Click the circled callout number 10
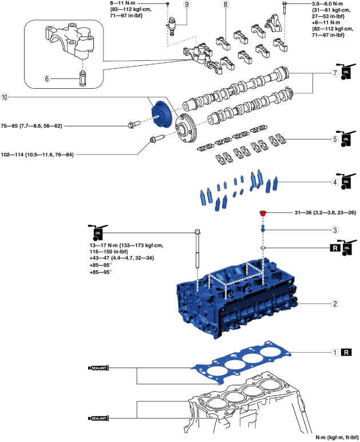pyautogui.click(x=5, y=98)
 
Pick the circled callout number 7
pyautogui.click(x=335, y=74)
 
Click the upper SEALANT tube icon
pyautogui.click(x=98, y=368)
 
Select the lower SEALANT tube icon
pyautogui.click(x=98, y=419)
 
